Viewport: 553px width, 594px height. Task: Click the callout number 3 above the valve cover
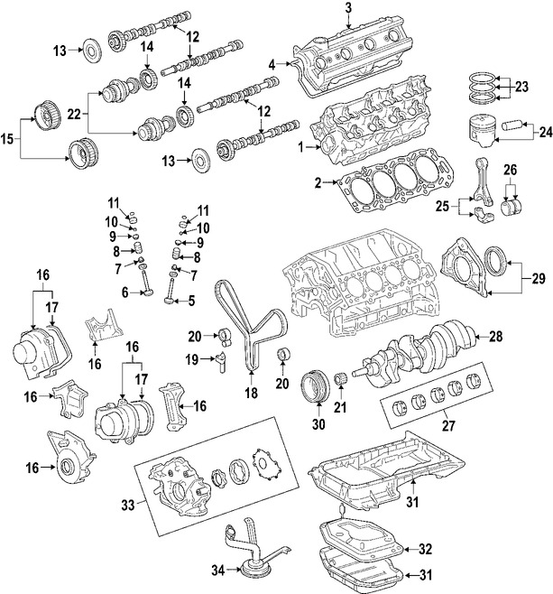point(347,9)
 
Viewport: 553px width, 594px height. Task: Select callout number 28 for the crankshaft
point(495,336)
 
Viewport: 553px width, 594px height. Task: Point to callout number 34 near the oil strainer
point(217,571)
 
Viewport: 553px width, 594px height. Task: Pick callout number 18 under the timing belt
point(251,394)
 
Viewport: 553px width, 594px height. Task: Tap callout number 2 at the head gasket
point(318,183)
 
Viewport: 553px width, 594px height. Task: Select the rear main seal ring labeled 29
point(497,263)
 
